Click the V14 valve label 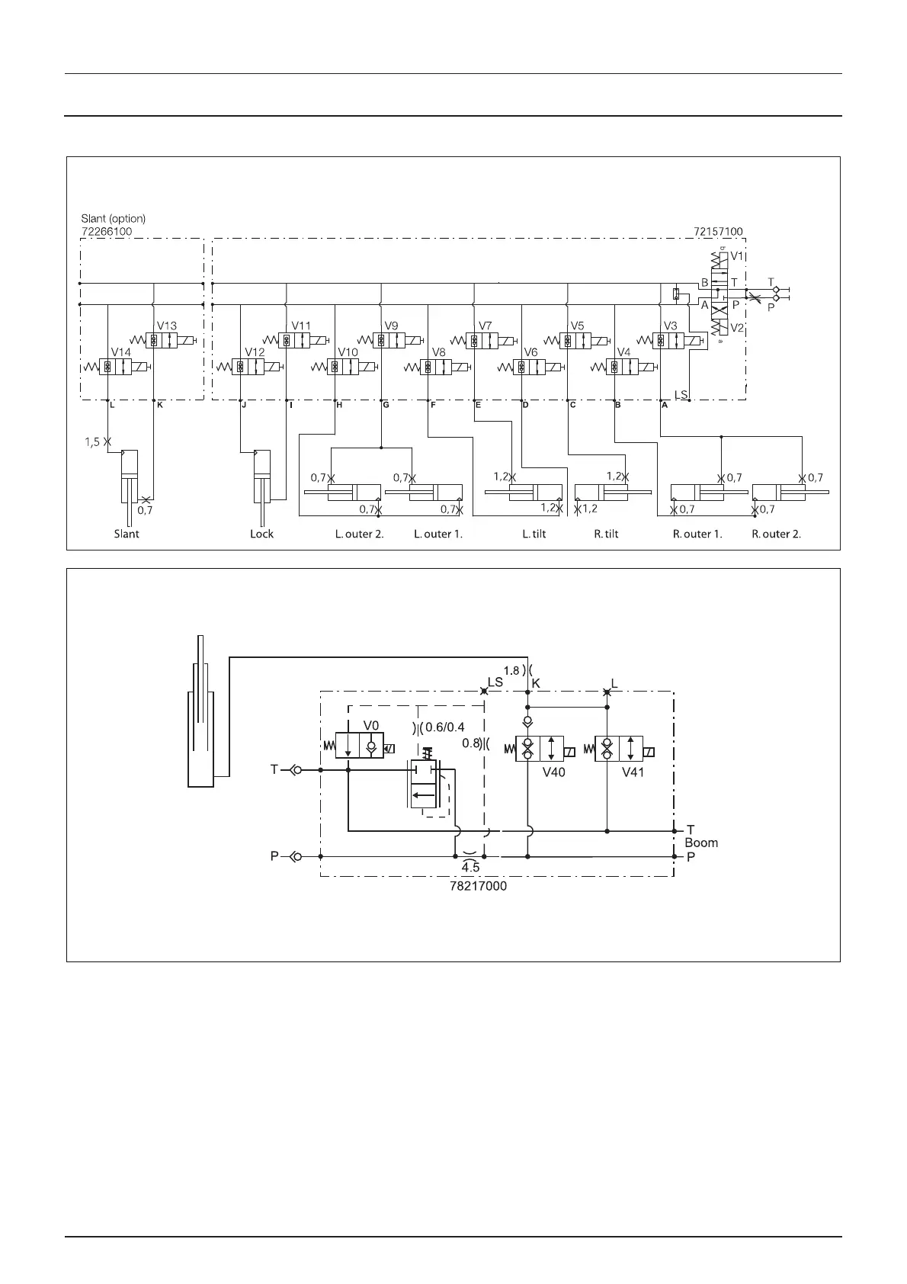point(121,352)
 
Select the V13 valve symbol point(163,340)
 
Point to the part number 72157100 point(718,231)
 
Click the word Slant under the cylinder point(127,534)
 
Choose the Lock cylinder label point(261,534)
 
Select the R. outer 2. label point(776,534)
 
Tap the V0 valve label point(371,725)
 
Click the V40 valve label point(553,772)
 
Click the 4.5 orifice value point(470,868)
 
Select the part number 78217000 point(478,887)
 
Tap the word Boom point(701,843)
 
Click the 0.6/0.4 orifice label point(445,727)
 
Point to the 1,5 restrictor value point(92,441)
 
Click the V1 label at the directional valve point(738,256)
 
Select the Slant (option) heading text point(113,218)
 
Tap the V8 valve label point(438,352)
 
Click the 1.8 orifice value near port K point(511,671)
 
